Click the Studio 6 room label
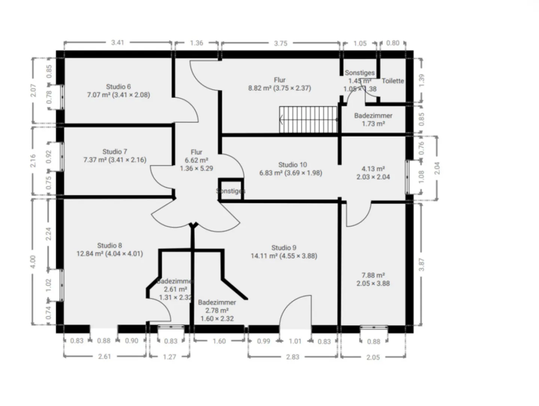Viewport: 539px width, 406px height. point(118,87)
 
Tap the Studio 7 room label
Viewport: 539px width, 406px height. point(115,152)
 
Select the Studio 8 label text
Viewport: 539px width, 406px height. point(109,245)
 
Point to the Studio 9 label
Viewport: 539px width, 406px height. point(284,248)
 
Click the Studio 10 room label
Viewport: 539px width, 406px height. point(292,165)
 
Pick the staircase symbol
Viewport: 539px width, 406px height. point(308,120)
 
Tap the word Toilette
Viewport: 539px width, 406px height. point(393,81)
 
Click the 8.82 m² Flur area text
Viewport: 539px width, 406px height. point(279,88)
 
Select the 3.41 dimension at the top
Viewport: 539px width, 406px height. point(118,43)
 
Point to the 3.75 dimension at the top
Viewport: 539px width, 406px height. point(280,43)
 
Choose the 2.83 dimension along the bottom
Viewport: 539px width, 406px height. point(292,357)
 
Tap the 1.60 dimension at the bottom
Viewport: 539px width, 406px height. point(219,341)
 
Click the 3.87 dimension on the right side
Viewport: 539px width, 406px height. point(421,264)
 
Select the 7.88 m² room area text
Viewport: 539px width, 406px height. point(373,275)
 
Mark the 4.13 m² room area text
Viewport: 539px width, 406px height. point(373,169)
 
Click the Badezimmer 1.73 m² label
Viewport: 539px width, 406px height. point(373,120)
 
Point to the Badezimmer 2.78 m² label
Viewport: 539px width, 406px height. point(217,306)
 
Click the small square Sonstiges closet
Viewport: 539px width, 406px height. point(231,191)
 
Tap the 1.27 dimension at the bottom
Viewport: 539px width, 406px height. point(169,357)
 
